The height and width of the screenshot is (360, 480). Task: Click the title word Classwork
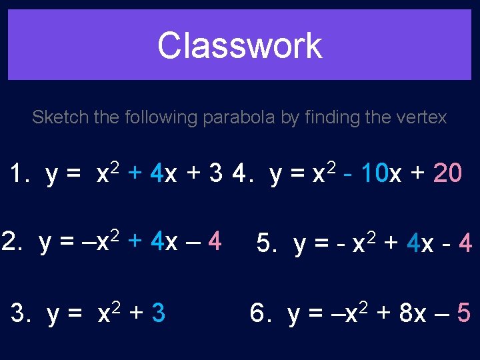[239, 46]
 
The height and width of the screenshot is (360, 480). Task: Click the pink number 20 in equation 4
[447, 174]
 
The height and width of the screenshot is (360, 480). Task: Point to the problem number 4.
[239, 174]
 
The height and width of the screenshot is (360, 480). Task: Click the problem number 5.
[265, 245]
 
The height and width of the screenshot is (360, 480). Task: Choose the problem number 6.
[258, 313]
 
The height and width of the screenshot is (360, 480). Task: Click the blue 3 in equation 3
[158, 313]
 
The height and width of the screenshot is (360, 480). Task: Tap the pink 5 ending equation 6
[463, 313]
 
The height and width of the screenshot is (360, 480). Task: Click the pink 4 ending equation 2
[214, 242]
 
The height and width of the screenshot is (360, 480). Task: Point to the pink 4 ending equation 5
[465, 245]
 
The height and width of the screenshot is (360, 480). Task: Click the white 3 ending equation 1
[215, 174]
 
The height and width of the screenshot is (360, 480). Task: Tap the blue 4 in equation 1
[157, 174]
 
